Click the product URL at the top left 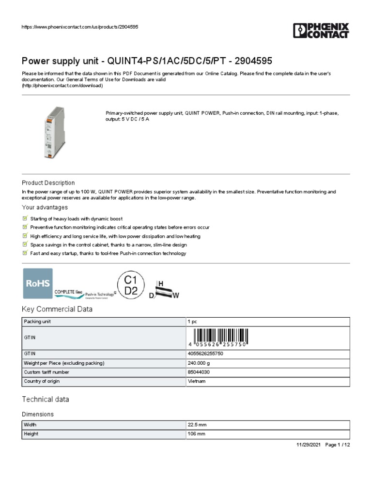(80, 27)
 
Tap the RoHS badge (38, 283)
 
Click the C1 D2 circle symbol (131, 285)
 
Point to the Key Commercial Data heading (57, 309)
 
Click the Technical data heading (46, 399)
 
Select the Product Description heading (48, 183)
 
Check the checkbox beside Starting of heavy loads (25, 218)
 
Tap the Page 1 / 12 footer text (337, 445)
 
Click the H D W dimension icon (163, 290)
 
